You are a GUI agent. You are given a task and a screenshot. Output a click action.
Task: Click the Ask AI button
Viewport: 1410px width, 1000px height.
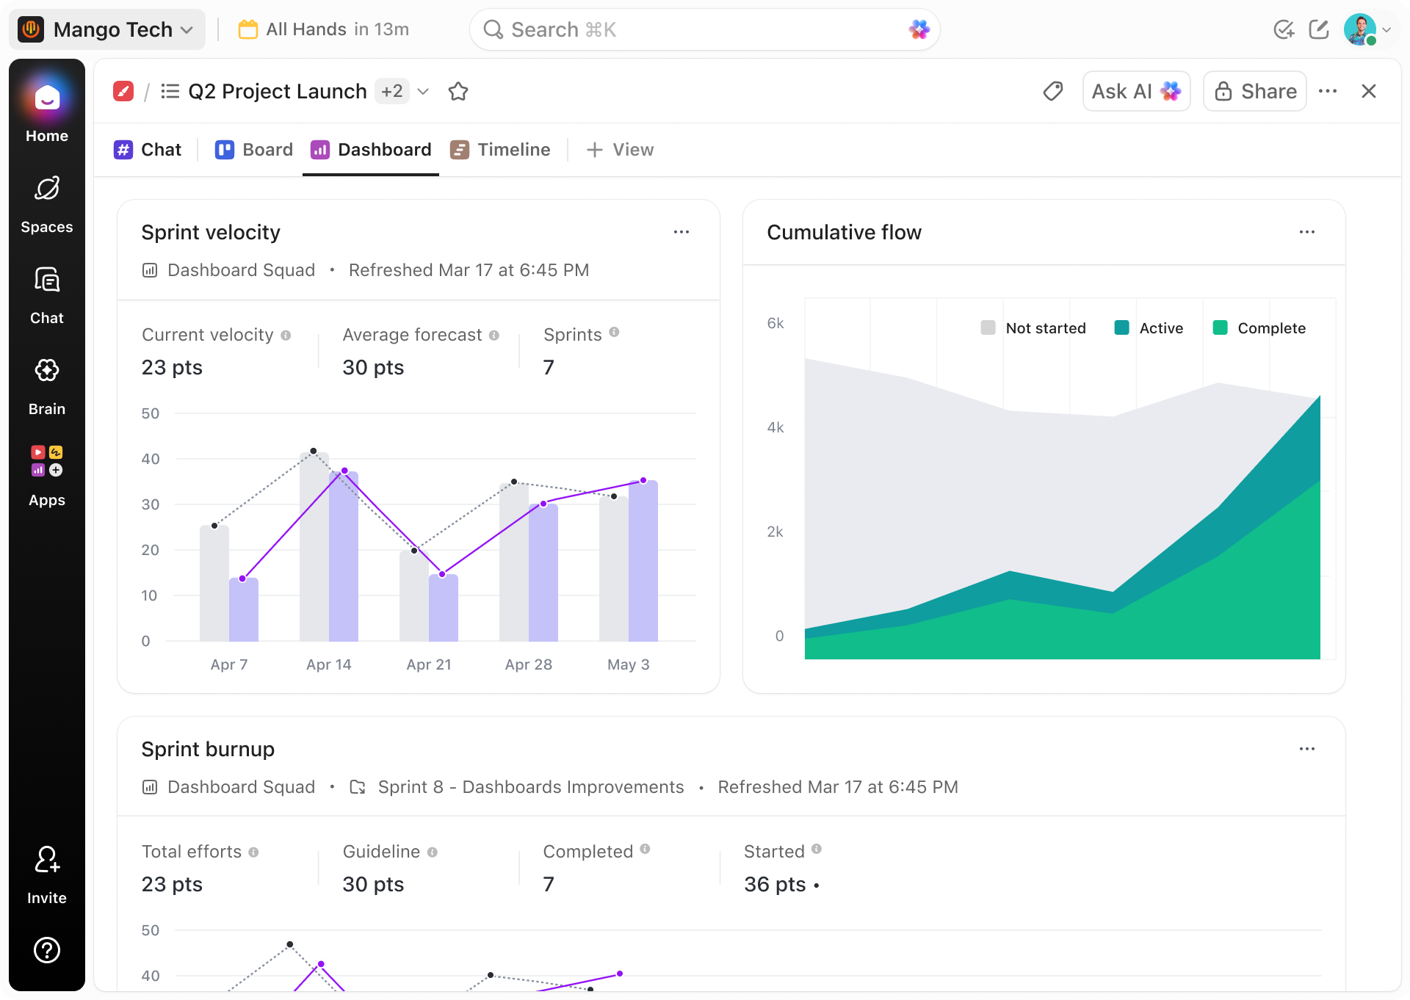pos(1136,91)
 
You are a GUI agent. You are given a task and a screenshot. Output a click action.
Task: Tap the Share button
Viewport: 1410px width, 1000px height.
pos(1255,91)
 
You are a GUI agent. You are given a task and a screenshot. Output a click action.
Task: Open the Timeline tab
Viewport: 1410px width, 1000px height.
pos(500,150)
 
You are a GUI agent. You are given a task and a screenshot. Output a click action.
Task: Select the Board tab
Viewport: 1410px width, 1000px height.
pos(253,150)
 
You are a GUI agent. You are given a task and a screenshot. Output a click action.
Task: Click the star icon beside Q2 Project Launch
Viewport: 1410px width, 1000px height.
pos(458,91)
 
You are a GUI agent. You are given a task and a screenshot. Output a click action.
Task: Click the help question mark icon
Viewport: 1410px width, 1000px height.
pos(47,950)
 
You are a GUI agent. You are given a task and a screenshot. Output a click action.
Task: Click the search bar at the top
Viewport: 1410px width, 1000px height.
pos(704,29)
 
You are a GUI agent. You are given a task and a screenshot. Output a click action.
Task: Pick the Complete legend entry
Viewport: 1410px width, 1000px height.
pos(1259,328)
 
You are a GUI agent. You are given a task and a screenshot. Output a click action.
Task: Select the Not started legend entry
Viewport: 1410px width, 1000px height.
pos(1033,328)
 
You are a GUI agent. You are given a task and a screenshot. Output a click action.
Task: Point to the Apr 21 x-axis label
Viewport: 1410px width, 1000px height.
pos(429,664)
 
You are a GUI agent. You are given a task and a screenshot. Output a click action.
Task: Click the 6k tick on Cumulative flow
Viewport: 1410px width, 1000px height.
pos(775,323)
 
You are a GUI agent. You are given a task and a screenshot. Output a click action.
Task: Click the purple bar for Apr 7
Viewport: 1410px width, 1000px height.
pos(244,609)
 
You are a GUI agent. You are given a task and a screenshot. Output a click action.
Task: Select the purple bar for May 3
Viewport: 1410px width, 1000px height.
pos(643,561)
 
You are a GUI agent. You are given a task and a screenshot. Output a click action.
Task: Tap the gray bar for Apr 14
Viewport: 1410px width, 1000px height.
pos(314,547)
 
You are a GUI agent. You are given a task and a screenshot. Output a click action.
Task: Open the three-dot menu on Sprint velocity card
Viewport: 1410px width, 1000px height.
pos(681,232)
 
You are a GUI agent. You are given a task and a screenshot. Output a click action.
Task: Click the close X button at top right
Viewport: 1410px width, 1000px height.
pos(1369,91)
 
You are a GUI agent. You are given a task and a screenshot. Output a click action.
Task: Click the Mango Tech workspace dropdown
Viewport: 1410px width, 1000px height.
pos(107,29)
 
